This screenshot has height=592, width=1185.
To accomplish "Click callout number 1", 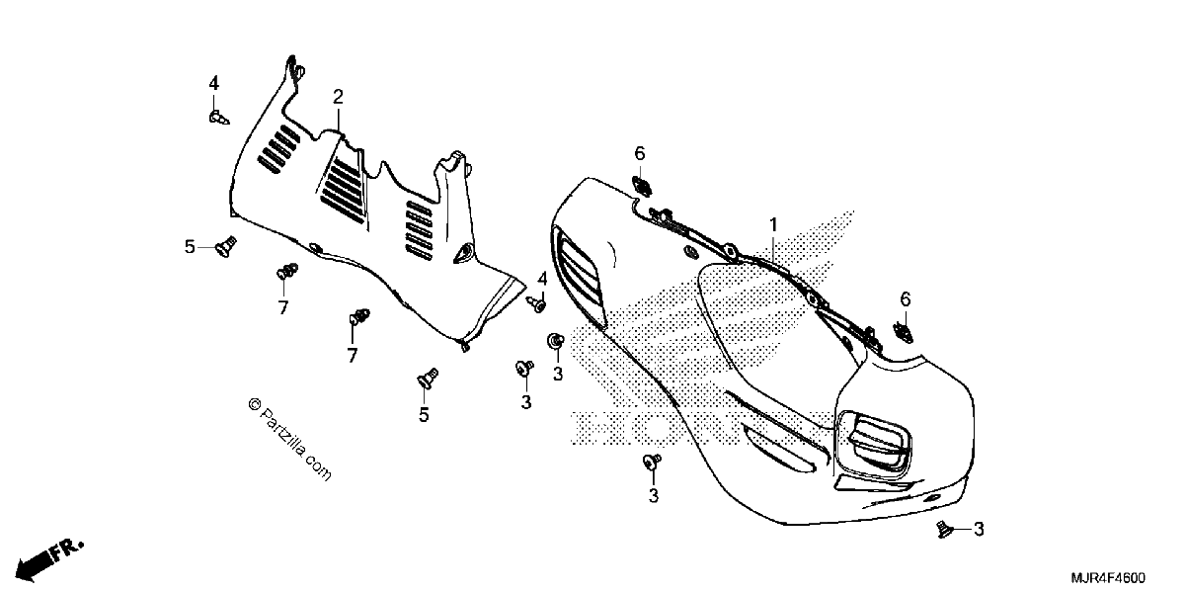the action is coord(773,225).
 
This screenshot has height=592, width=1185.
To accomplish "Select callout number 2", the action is coord(338,97).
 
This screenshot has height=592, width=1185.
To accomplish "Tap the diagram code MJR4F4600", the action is coord(1108,577).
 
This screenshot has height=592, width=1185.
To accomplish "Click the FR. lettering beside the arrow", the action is coord(68,550).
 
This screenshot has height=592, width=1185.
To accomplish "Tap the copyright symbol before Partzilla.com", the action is coord(255,404).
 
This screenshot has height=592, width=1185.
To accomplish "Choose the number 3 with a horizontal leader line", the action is coord(980,529).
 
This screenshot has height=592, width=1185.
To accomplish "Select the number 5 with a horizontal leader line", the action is coord(190,247).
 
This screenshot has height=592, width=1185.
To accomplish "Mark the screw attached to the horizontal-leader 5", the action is coord(226,247).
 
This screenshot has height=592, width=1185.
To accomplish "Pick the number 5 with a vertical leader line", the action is coord(424,415).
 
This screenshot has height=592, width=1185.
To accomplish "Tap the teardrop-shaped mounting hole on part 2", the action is coord(463,253).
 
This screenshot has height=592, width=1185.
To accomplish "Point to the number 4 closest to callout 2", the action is coord(213,83).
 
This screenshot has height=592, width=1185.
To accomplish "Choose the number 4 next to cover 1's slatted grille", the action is coord(542,279).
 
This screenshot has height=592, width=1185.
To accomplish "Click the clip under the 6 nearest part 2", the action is coord(642,187).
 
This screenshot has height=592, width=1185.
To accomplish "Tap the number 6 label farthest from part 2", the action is coord(906,299).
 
